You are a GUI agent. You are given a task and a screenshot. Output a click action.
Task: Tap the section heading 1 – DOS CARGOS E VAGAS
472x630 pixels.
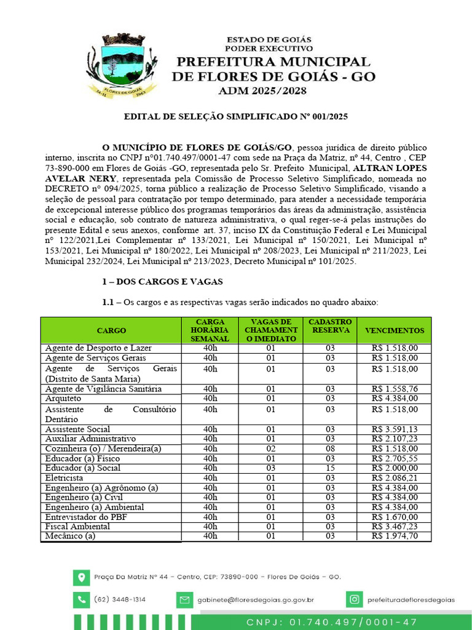click(162, 282)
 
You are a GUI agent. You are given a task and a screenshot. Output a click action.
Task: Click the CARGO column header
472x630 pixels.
click(111, 330)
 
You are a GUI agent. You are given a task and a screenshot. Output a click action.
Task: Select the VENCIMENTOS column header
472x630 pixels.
click(394, 330)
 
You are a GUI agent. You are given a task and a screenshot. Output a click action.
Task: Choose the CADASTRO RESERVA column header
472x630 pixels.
click(330, 326)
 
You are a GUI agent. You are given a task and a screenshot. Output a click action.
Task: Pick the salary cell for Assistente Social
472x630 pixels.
click(394, 429)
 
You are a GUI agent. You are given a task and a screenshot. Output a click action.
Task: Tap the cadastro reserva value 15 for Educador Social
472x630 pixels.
click(330, 468)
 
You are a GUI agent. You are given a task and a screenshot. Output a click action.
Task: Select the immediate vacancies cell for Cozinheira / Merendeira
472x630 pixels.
click(270, 449)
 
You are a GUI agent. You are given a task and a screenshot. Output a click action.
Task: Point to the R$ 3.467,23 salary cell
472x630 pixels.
click(394, 527)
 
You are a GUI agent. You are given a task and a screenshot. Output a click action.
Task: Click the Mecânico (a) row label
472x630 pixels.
click(71, 536)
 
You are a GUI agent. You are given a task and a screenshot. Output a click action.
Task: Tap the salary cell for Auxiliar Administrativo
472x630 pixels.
click(394, 439)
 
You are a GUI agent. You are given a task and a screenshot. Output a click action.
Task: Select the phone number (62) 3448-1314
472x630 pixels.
click(120, 599)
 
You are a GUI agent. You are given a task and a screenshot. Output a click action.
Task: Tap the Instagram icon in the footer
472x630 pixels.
click(354, 599)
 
